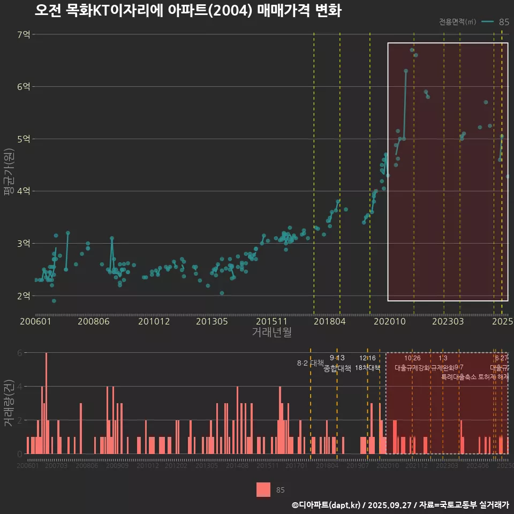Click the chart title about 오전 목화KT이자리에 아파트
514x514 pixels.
pyautogui.click(x=188, y=11)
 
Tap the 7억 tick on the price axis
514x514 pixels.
pyautogui.click(x=24, y=35)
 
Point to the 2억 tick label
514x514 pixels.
pyautogui.click(x=24, y=296)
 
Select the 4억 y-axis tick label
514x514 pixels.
pyautogui.click(x=24, y=191)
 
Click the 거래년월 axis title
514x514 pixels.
pyautogui.click(x=271, y=332)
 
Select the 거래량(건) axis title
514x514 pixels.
pyautogui.click(x=8, y=403)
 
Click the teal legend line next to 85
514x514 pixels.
pyautogui.click(x=487, y=22)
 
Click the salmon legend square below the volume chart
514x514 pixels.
pyautogui.click(x=263, y=489)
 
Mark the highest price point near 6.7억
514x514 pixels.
pyautogui.click(x=412, y=50)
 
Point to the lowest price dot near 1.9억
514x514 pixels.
pyautogui.click(x=54, y=301)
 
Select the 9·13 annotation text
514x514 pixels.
pyautogui.click(x=337, y=358)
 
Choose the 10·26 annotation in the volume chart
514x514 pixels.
pyautogui.click(x=412, y=358)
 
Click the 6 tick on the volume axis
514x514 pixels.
pyautogui.click(x=19, y=353)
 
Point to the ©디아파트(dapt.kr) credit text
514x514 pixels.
pyautogui.click(x=327, y=504)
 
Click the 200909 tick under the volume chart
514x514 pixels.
pyautogui.click(x=117, y=466)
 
